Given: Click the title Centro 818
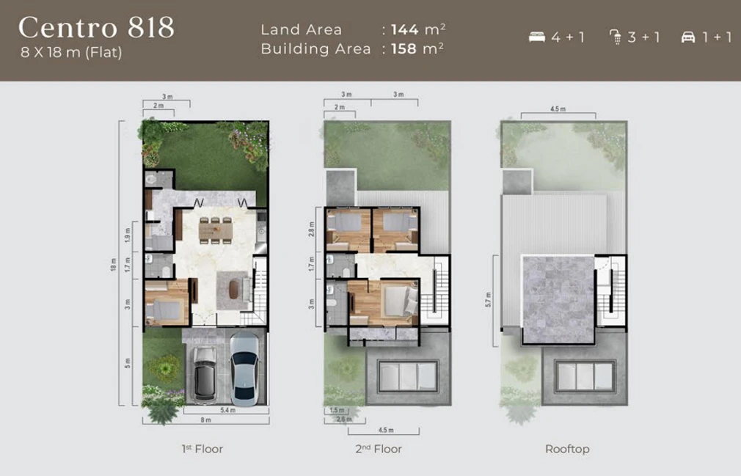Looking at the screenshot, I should click(x=96, y=28).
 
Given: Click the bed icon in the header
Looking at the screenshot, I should click(x=537, y=37).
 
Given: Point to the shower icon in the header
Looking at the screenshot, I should click(x=616, y=37).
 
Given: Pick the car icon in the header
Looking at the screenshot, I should click(x=688, y=37).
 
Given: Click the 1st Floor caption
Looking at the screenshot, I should click(x=202, y=449).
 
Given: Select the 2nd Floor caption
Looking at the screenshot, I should click(x=379, y=449).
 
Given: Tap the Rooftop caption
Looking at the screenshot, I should click(x=567, y=449).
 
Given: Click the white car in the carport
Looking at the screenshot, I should click(x=244, y=368).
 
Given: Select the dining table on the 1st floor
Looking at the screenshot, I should click(x=215, y=230).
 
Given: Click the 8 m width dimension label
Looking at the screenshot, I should click(x=205, y=420).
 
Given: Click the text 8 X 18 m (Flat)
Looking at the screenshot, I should click(x=71, y=52).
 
